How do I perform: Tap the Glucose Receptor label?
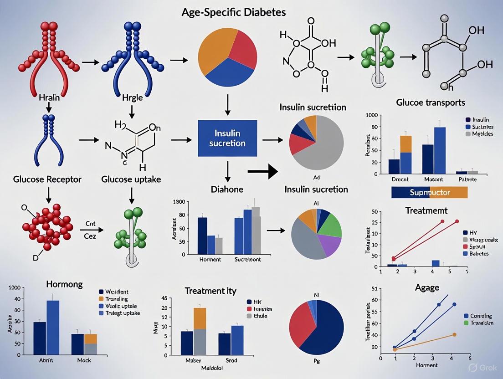(x=46, y=179)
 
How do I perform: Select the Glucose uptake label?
(x=131, y=179)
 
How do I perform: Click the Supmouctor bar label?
(x=429, y=192)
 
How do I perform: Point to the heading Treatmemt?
(x=426, y=210)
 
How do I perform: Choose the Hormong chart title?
(x=64, y=284)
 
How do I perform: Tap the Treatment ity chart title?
(x=210, y=290)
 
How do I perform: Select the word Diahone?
(x=226, y=189)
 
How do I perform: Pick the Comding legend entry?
(x=482, y=315)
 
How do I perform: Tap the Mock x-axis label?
(x=84, y=360)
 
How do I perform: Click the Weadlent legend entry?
(x=117, y=292)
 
